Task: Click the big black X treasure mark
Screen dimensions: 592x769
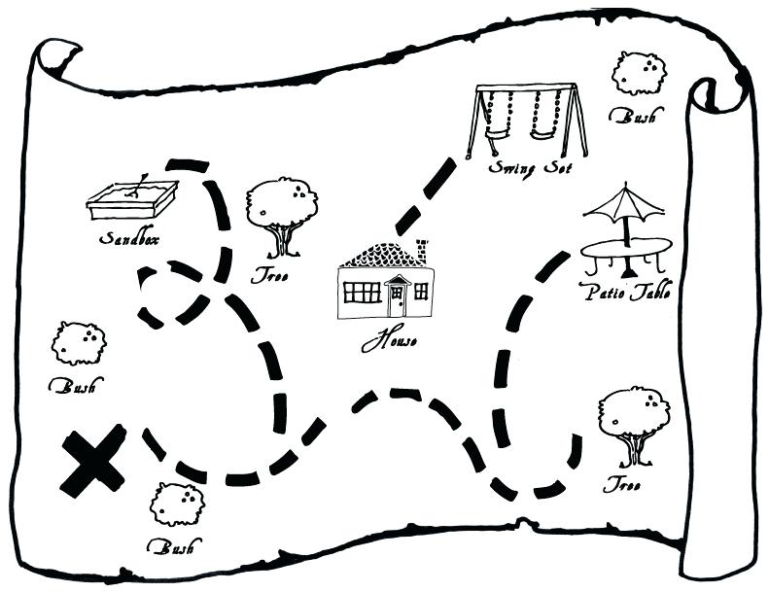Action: click(x=93, y=461)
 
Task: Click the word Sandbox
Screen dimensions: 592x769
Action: click(x=128, y=238)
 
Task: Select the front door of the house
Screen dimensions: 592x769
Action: click(x=397, y=296)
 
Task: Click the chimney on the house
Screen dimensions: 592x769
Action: click(x=421, y=251)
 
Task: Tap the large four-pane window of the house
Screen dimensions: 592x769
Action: click(x=362, y=292)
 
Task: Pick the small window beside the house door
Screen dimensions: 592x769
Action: click(x=420, y=291)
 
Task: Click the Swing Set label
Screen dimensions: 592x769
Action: click(x=530, y=167)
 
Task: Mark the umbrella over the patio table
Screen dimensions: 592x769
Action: click(x=624, y=203)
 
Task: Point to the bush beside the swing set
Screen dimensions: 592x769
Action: click(x=638, y=73)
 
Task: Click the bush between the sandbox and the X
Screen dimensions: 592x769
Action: click(x=78, y=342)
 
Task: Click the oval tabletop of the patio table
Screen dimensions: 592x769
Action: click(x=626, y=249)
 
